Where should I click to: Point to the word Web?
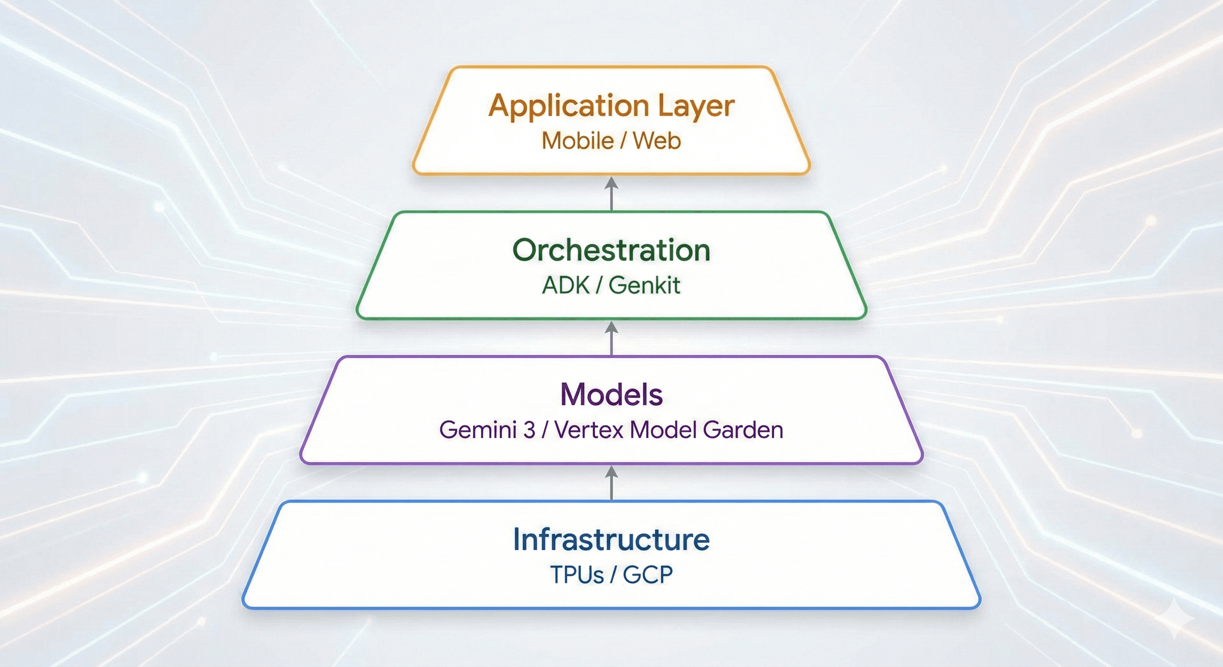pos(657,141)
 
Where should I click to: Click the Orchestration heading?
pos(611,250)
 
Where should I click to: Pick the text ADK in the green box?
pos(566,285)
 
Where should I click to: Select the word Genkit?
pos(644,285)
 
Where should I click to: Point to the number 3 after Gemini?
pos(529,430)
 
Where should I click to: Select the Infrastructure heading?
pos(611,540)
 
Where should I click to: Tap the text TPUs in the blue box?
pos(576,575)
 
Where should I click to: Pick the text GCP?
pos(648,575)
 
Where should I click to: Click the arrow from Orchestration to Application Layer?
pos(611,194)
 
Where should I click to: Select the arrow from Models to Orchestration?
pos(611,338)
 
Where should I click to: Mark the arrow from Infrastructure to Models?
pos(611,483)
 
